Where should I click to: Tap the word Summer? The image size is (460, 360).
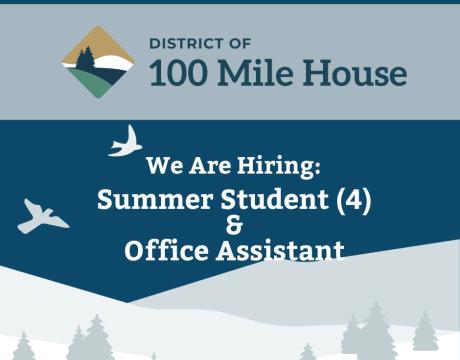(x=146, y=200)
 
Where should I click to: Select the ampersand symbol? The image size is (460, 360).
(x=235, y=226)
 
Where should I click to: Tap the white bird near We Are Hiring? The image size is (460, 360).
(x=124, y=142)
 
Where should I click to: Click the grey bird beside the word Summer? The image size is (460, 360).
(x=42, y=216)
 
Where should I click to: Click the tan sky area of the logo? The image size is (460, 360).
(x=97, y=42)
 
